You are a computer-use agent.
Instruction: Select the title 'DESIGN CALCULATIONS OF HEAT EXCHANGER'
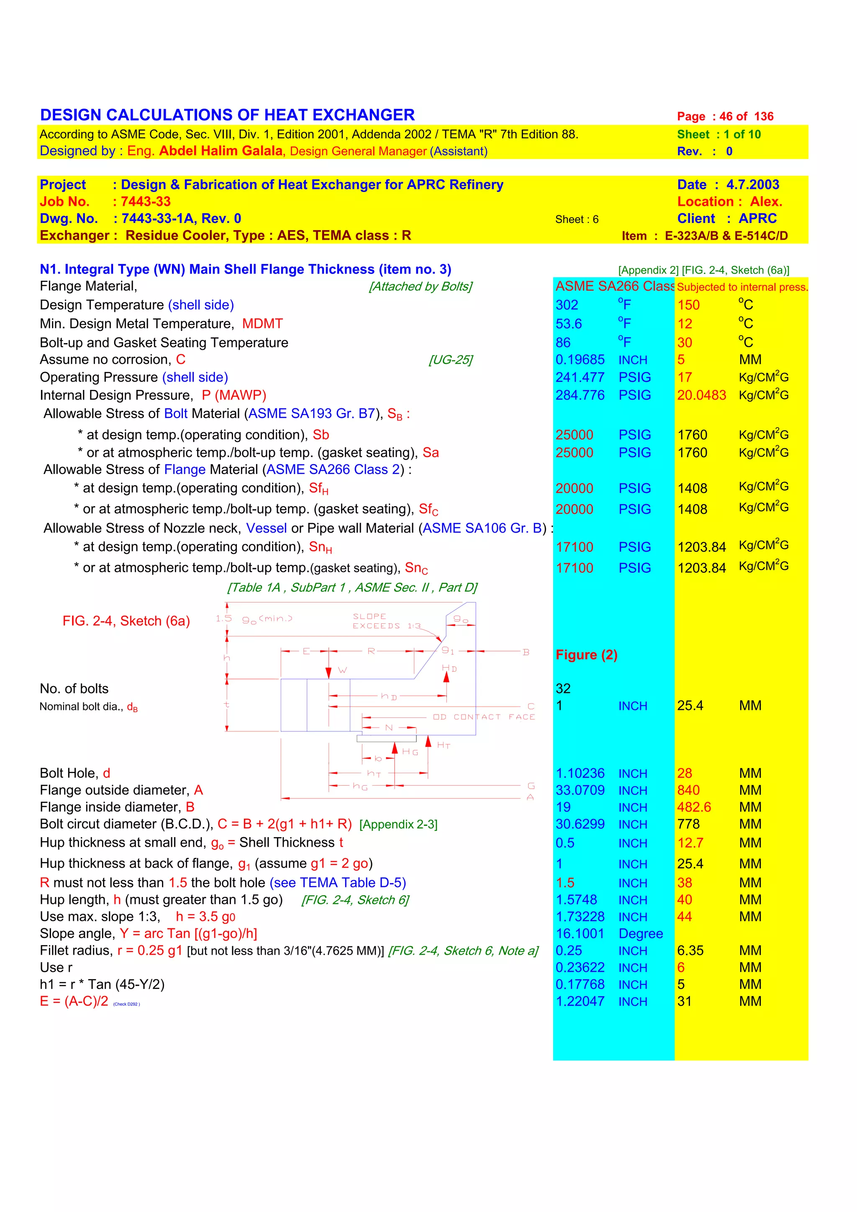227,115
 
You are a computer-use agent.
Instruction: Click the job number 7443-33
146,202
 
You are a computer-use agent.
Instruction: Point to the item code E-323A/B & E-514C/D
726,236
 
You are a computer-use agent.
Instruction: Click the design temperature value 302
567,305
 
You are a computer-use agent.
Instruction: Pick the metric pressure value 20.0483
701,395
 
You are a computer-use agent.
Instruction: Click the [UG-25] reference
450,360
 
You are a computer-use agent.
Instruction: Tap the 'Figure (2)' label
586,655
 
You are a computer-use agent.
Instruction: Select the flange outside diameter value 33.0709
580,790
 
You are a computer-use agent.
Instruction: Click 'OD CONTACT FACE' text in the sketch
484,717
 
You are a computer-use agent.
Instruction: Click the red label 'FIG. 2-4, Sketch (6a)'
126,621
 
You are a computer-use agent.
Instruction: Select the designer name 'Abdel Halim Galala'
221,151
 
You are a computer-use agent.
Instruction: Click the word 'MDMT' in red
262,324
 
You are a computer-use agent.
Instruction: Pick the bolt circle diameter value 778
688,824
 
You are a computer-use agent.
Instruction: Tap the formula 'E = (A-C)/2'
74,1002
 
